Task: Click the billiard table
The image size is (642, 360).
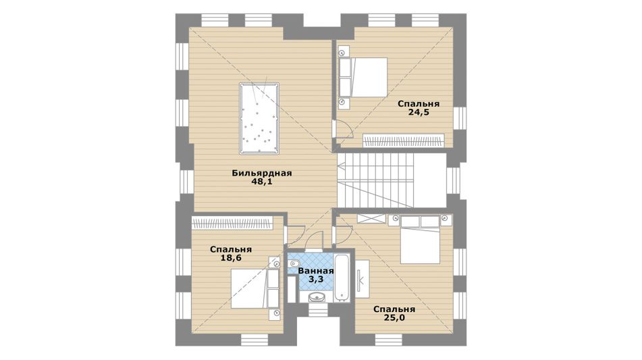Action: [x=259, y=119]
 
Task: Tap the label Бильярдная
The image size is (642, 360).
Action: [x=262, y=173]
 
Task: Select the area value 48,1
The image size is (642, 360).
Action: [x=262, y=182]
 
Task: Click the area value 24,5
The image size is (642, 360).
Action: [x=419, y=113]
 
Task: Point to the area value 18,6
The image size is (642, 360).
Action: [x=231, y=258]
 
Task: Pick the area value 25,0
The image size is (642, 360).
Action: [x=394, y=318]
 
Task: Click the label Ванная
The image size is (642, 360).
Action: [x=316, y=271]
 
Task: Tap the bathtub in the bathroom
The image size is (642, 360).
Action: [x=342, y=278]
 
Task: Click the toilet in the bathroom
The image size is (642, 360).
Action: [x=294, y=263]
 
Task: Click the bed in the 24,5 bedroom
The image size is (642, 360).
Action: [x=363, y=77]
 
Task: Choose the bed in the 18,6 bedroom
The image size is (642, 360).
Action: [x=255, y=288]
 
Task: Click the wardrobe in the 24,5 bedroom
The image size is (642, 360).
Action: [x=403, y=140]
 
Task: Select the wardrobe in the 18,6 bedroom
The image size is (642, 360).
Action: [x=232, y=223]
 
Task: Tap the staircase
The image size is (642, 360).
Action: [x=391, y=180]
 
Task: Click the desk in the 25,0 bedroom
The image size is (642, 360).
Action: [x=362, y=279]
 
